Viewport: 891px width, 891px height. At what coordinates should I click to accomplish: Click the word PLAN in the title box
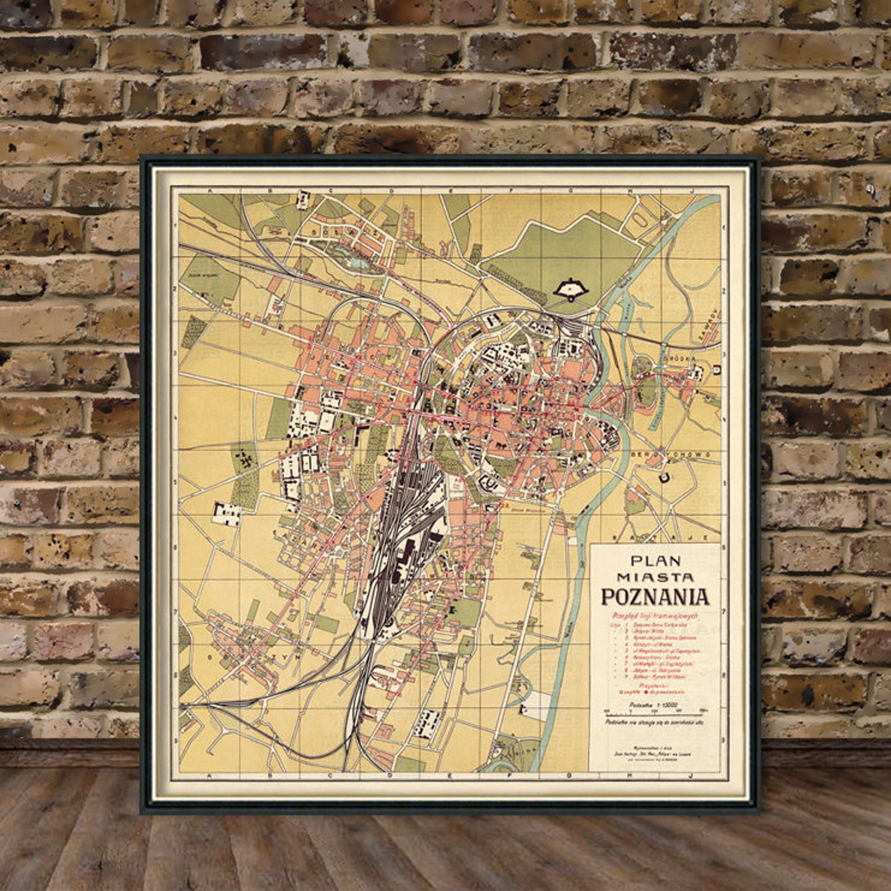[x=655, y=561]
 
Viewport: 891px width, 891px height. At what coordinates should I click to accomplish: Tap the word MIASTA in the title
[x=655, y=577]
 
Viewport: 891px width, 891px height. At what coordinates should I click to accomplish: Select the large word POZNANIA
[x=655, y=597]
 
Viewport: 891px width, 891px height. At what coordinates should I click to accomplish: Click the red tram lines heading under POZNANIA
[x=655, y=616]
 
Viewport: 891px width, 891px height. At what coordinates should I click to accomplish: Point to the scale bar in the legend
[x=655, y=710]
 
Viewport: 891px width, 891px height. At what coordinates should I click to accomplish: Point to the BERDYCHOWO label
[x=671, y=453]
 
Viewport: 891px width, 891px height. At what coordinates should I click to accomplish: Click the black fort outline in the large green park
[x=570, y=290]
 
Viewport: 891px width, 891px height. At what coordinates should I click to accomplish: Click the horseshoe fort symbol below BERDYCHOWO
[x=665, y=477]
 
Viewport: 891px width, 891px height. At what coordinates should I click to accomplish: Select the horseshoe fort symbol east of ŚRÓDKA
[x=717, y=370]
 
